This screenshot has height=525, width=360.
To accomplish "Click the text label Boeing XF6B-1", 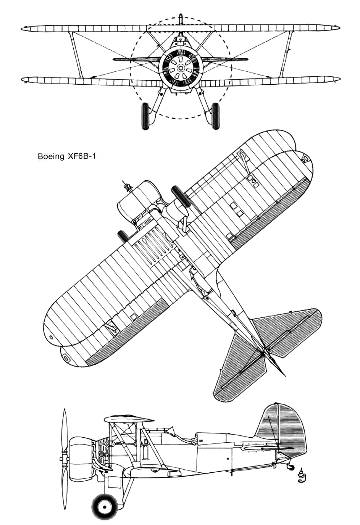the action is (x=67, y=156).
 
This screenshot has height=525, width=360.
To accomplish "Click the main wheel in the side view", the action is (x=105, y=506).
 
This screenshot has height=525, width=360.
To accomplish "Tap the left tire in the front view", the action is (x=146, y=116).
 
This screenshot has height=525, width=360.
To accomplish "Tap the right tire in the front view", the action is (x=215, y=116).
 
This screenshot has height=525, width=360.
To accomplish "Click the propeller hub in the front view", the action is (x=181, y=68).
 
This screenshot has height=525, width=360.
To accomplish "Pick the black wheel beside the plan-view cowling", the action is (x=180, y=196).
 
